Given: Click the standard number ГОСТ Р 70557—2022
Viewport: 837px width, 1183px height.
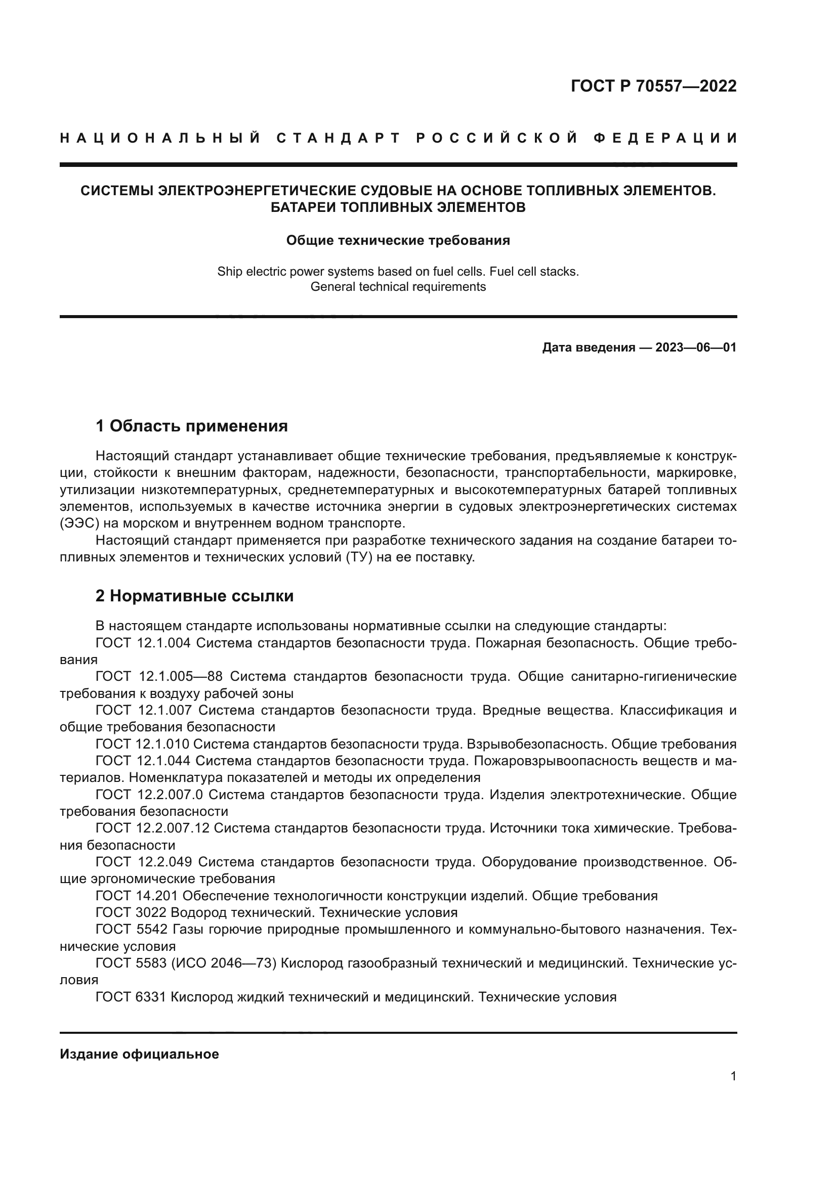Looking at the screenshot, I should tap(653, 86).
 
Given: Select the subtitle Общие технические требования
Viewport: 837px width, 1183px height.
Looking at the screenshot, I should tap(398, 241).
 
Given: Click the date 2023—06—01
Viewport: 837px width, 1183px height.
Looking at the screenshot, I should tap(696, 347).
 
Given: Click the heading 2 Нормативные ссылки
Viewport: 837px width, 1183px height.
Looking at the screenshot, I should tap(194, 596).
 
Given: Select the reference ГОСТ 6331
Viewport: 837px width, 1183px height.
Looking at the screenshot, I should tap(131, 997).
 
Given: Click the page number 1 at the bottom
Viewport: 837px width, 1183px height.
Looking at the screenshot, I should tap(733, 1076).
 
